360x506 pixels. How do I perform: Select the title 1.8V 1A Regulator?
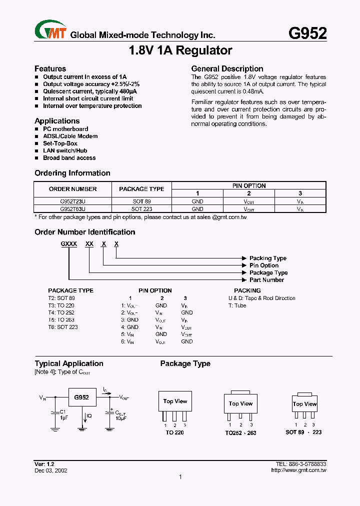pyautogui.click(x=180, y=50)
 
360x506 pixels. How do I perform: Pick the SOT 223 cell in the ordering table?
pyautogui.click(x=142, y=209)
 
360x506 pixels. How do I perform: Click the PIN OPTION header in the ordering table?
pyautogui.click(x=249, y=185)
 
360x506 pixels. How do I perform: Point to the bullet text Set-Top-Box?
pyautogui.click(x=60, y=143)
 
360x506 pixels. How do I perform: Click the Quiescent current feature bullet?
pyautogui.click(x=89, y=91)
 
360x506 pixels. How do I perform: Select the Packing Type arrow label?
pyautogui.click(x=268, y=258)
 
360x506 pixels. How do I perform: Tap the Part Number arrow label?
pyautogui.click(x=266, y=280)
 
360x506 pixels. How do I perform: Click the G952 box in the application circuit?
pyautogui.click(x=81, y=397)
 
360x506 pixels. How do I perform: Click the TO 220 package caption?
pyautogui.click(x=175, y=432)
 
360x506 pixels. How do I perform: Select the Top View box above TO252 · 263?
pyautogui.click(x=240, y=403)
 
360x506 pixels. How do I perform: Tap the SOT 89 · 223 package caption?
pyautogui.click(x=303, y=432)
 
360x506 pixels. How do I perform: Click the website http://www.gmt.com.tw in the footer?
pyautogui.click(x=298, y=470)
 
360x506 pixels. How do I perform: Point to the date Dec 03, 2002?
pyautogui.click(x=51, y=470)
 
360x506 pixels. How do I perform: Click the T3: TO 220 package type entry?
pyautogui.click(x=61, y=305)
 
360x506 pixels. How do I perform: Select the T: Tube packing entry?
pyautogui.click(x=237, y=305)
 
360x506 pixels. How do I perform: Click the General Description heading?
pyautogui.click(x=227, y=68)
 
